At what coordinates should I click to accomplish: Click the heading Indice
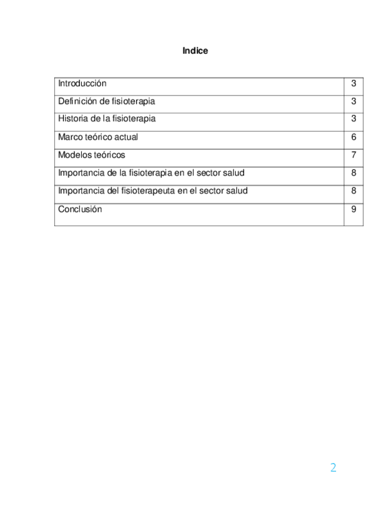click(195, 51)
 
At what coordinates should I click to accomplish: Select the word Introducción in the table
click(82, 84)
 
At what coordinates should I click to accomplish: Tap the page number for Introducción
click(353, 84)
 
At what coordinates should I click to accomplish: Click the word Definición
click(76, 101)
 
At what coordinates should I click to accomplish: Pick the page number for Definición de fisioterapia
click(353, 101)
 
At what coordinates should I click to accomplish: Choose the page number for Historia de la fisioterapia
click(353, 119)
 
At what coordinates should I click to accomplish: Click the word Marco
click(69, 137)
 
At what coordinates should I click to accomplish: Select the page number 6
click(353, 137)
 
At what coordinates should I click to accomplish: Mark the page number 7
click(353, 155)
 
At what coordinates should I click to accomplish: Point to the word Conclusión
click(80, 209)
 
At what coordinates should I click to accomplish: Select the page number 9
click(353, 209)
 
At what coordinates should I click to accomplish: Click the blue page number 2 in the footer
click(333, 468)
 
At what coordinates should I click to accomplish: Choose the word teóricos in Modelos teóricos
click(109, 155)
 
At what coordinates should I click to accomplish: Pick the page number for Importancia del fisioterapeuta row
click(353, 191)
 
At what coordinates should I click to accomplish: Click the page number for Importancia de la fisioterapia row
click(353, 173)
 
